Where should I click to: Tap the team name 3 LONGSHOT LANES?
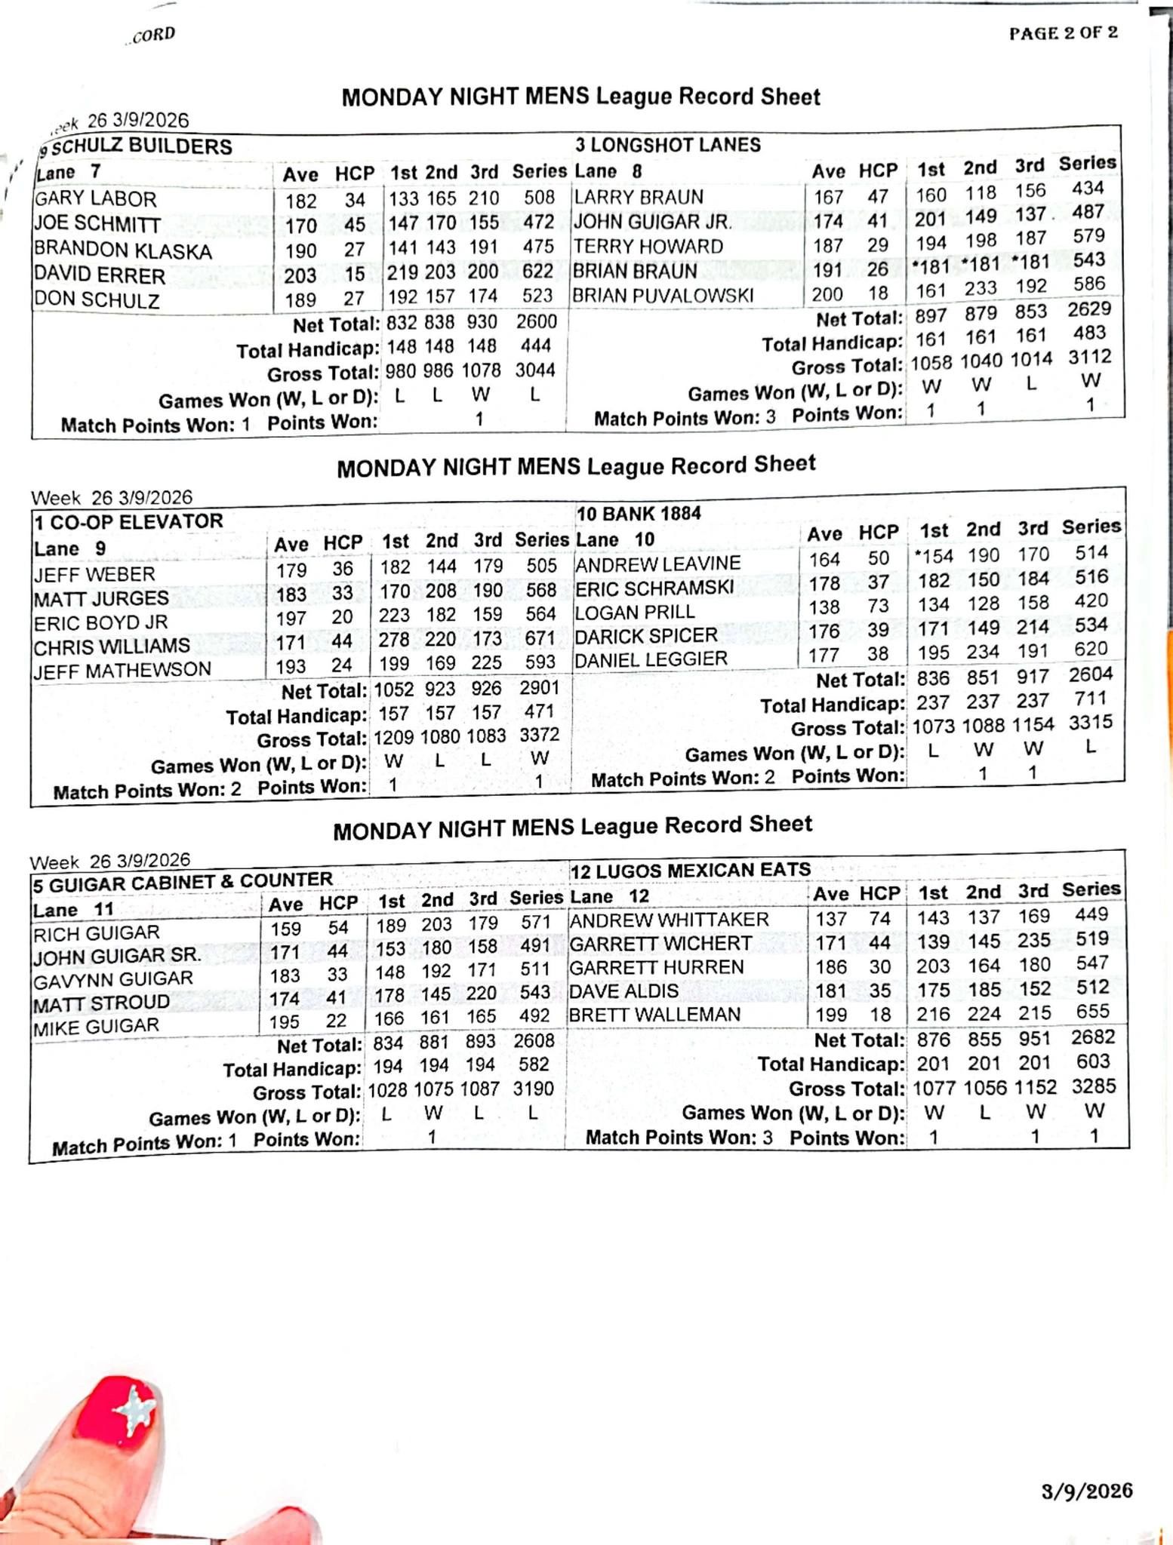(667, 145)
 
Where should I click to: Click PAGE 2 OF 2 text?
(1064, 33)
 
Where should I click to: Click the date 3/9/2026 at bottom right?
(1087, 1491)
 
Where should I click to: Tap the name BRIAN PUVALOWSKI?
(663, 295)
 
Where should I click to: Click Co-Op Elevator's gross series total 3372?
(539, 735)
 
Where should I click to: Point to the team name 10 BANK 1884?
(639, 514)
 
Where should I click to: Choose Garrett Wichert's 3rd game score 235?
(1033, 940)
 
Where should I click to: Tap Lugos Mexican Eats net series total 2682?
(1092, 1037)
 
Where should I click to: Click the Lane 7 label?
(68, 172)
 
